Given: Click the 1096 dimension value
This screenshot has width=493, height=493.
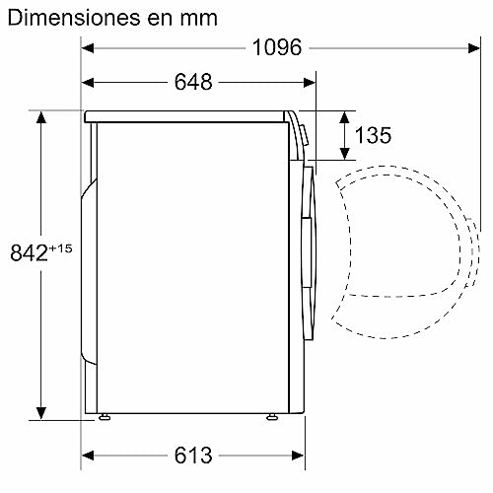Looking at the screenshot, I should [276, 47].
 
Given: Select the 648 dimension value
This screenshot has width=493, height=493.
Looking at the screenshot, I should [192, 83].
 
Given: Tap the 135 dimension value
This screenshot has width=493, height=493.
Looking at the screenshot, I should [373, 136].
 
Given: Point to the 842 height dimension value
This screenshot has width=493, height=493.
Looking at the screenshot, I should [29, 253].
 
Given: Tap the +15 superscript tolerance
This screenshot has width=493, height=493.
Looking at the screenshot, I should [60, 246].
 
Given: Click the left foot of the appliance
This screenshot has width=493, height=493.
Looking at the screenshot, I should [104, 418].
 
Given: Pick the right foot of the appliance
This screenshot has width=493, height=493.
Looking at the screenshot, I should [268, 418].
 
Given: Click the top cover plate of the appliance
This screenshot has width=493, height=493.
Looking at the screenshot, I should [187, 115].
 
